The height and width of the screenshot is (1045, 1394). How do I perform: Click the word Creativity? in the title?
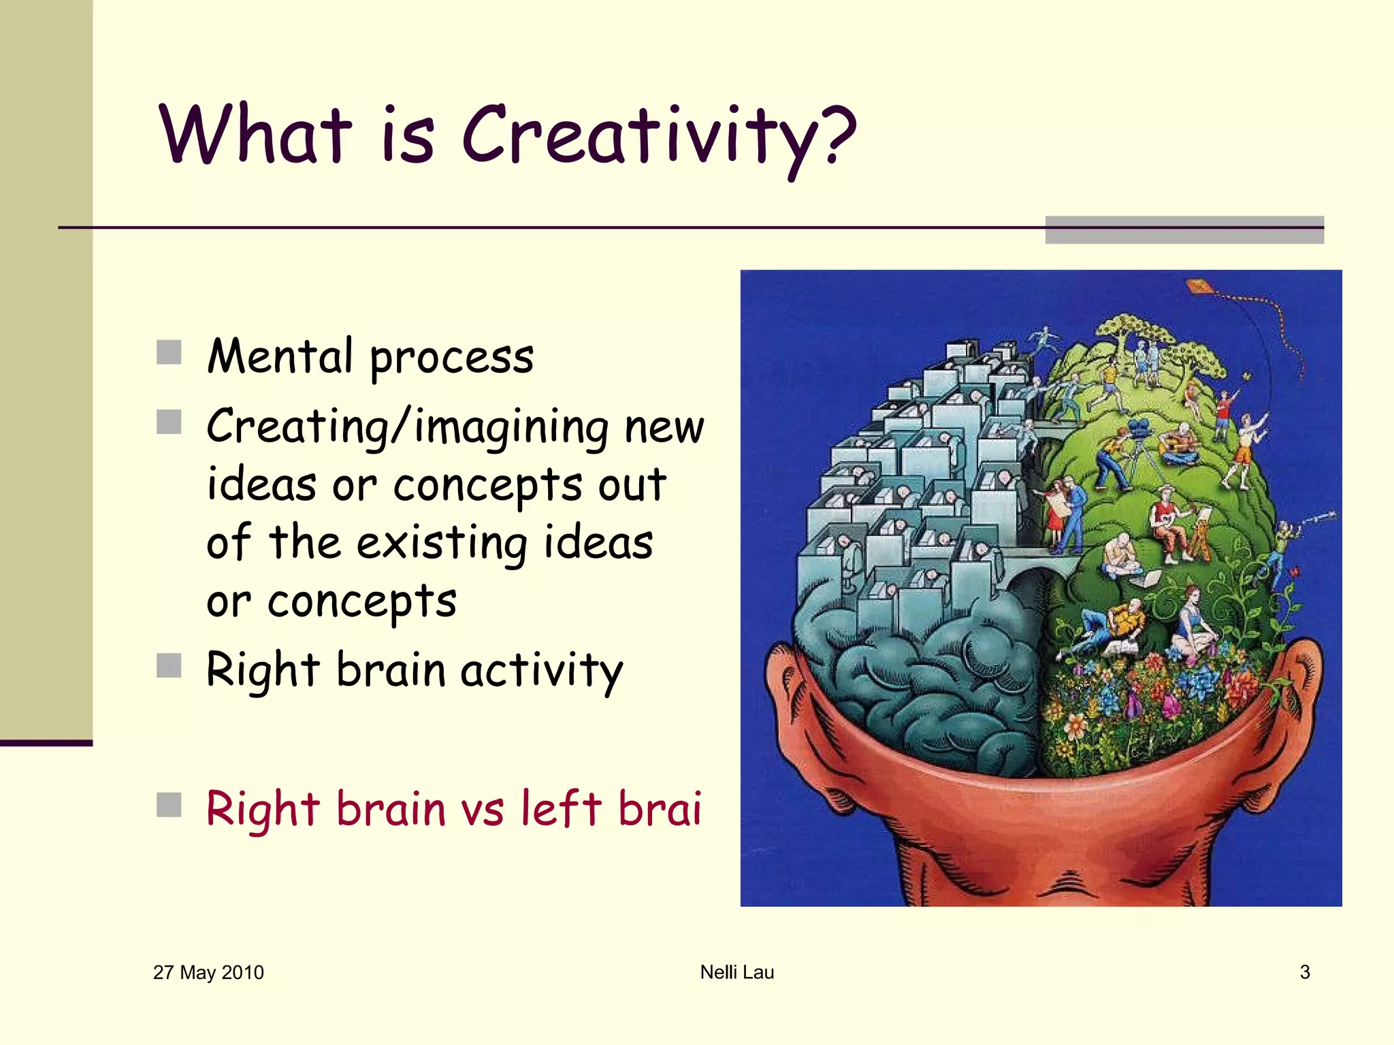pyautogui.click(x=659, y=136)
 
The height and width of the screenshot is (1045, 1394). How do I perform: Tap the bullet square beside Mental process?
pyautogui.click(x=169, y=352)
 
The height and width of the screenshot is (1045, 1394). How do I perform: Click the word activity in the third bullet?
pyautogui.click(x=542, y=671)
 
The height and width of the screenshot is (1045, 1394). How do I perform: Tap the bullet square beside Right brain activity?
pyautogui.click(x=169, y=665)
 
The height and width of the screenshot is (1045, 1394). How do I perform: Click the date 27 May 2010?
pyautogui.click(x=208, y=972)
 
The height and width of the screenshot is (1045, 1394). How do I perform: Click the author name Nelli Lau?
pyautogui.click(x=737, y=972)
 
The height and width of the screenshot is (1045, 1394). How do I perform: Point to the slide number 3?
pyautogui.click(x=1304, y=972)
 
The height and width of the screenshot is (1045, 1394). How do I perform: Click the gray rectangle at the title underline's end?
pyautogui.click(x=1184, y=230)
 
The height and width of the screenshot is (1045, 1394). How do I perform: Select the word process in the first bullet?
pyautogui.click(x=451, y=359)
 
